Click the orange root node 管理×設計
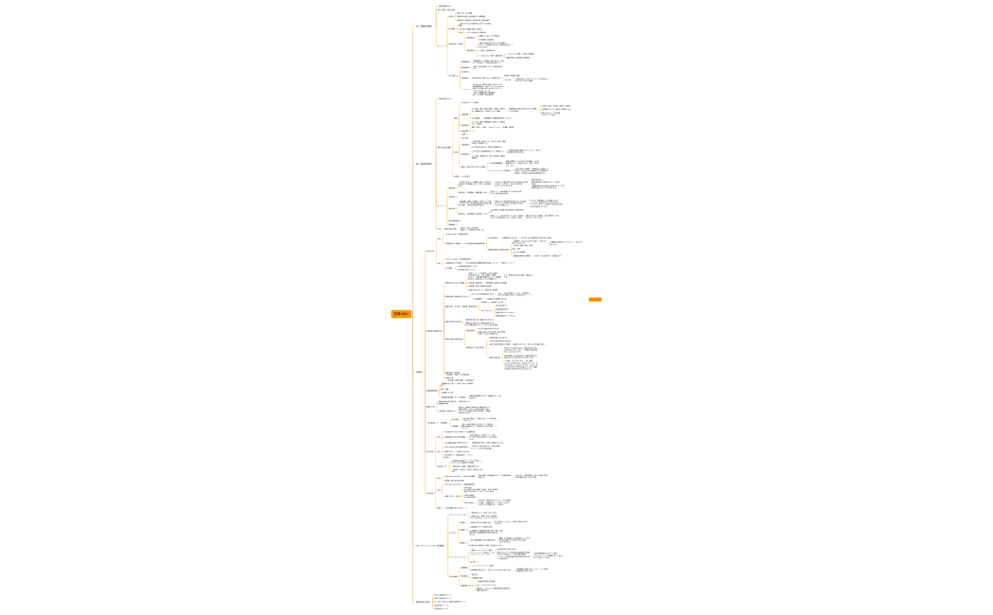coord(401,313)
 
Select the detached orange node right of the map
coord(595,299)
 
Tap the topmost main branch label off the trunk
coord(423,26)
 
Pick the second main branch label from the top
coord(424,164)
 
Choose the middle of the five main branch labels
coord(420,372)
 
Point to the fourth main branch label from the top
coord(428,546)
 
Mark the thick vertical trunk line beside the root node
coord(413,312)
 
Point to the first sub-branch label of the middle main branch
coord(430,251)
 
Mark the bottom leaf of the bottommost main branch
coord(443,609)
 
